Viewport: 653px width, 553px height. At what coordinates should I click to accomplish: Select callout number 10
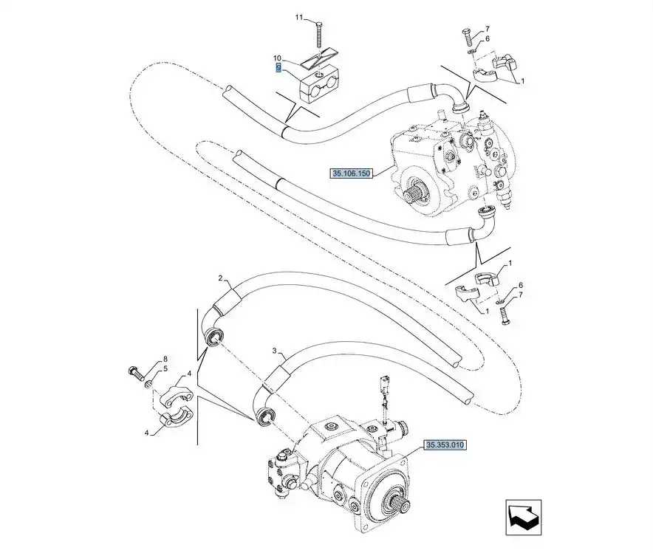(x=278, y=58)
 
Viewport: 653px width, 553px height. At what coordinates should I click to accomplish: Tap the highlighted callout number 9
(x=278, y=68)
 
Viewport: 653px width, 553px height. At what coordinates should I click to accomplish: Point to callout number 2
(x=220, y=278)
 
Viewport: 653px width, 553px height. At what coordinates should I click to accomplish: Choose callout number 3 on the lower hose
(x=274, y=350)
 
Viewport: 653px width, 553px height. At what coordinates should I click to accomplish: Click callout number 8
(x=165, y=359)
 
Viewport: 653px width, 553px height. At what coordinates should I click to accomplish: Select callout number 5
(x=165, y=368)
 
